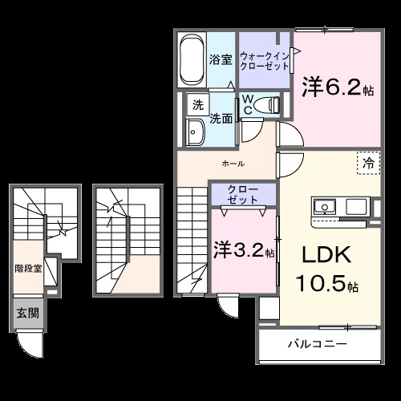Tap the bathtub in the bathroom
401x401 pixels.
click(x=191, y=59)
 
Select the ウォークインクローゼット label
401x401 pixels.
click(x=264, y=59)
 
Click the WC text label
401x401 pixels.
click(x=249, y=105)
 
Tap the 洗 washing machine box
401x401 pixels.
click(x=196, y=104)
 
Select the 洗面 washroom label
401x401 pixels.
click(x=221, y=118)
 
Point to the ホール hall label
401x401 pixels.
click(x=233, y=164)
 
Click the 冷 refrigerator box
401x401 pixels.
click(x=368, y=163)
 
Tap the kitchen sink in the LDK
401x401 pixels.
click(x=326, y=206)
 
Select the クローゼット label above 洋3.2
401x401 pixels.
click(x=242, y=193)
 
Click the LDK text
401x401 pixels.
click(x=326, y=255)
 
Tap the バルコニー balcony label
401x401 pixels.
click(x=318, y=345)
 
